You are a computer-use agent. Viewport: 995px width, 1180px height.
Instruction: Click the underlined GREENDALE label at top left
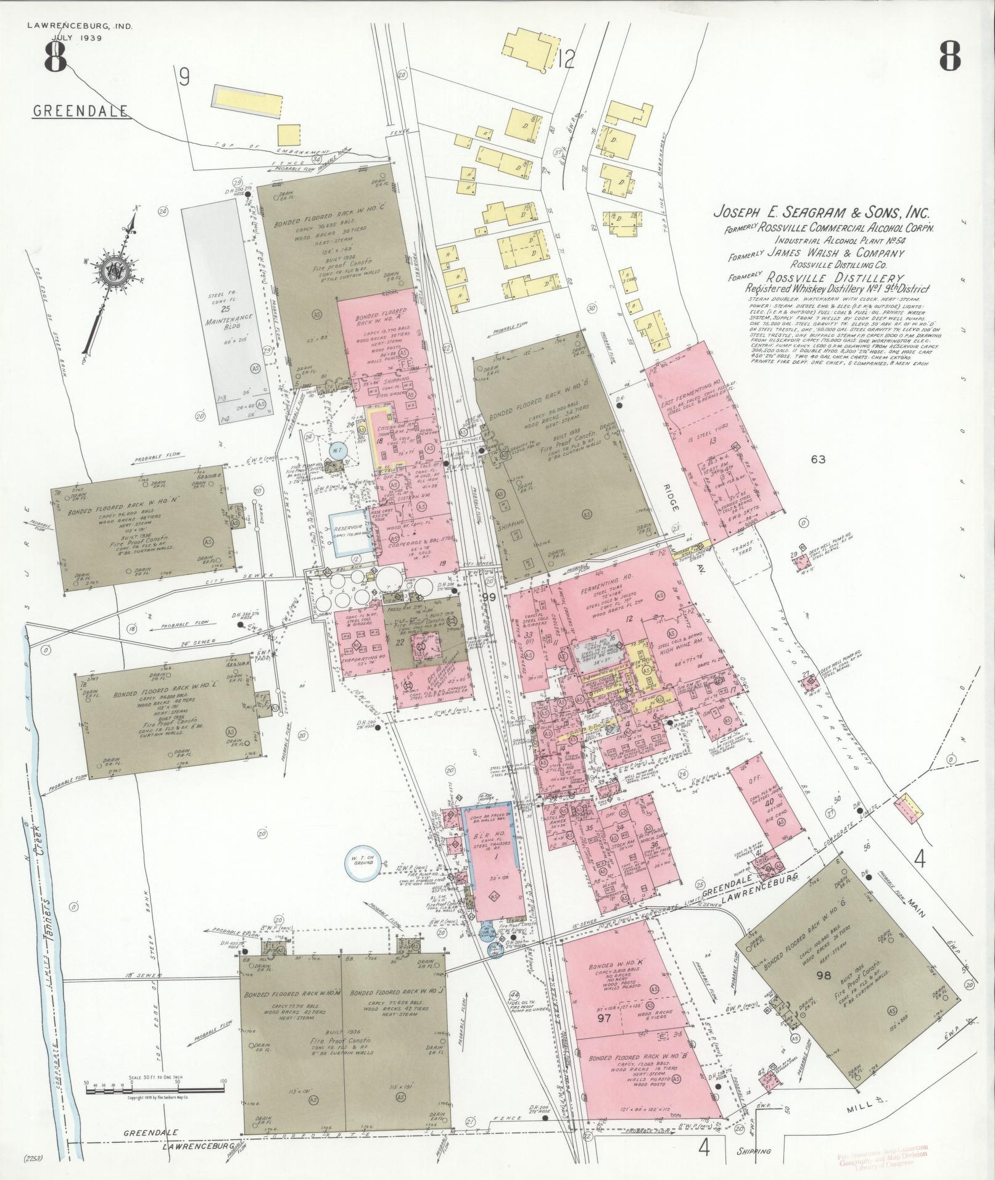tap(80, 111)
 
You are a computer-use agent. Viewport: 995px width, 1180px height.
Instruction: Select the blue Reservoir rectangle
tap(351, 532)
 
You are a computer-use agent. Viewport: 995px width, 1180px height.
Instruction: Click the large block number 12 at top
tap(565, 60)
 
